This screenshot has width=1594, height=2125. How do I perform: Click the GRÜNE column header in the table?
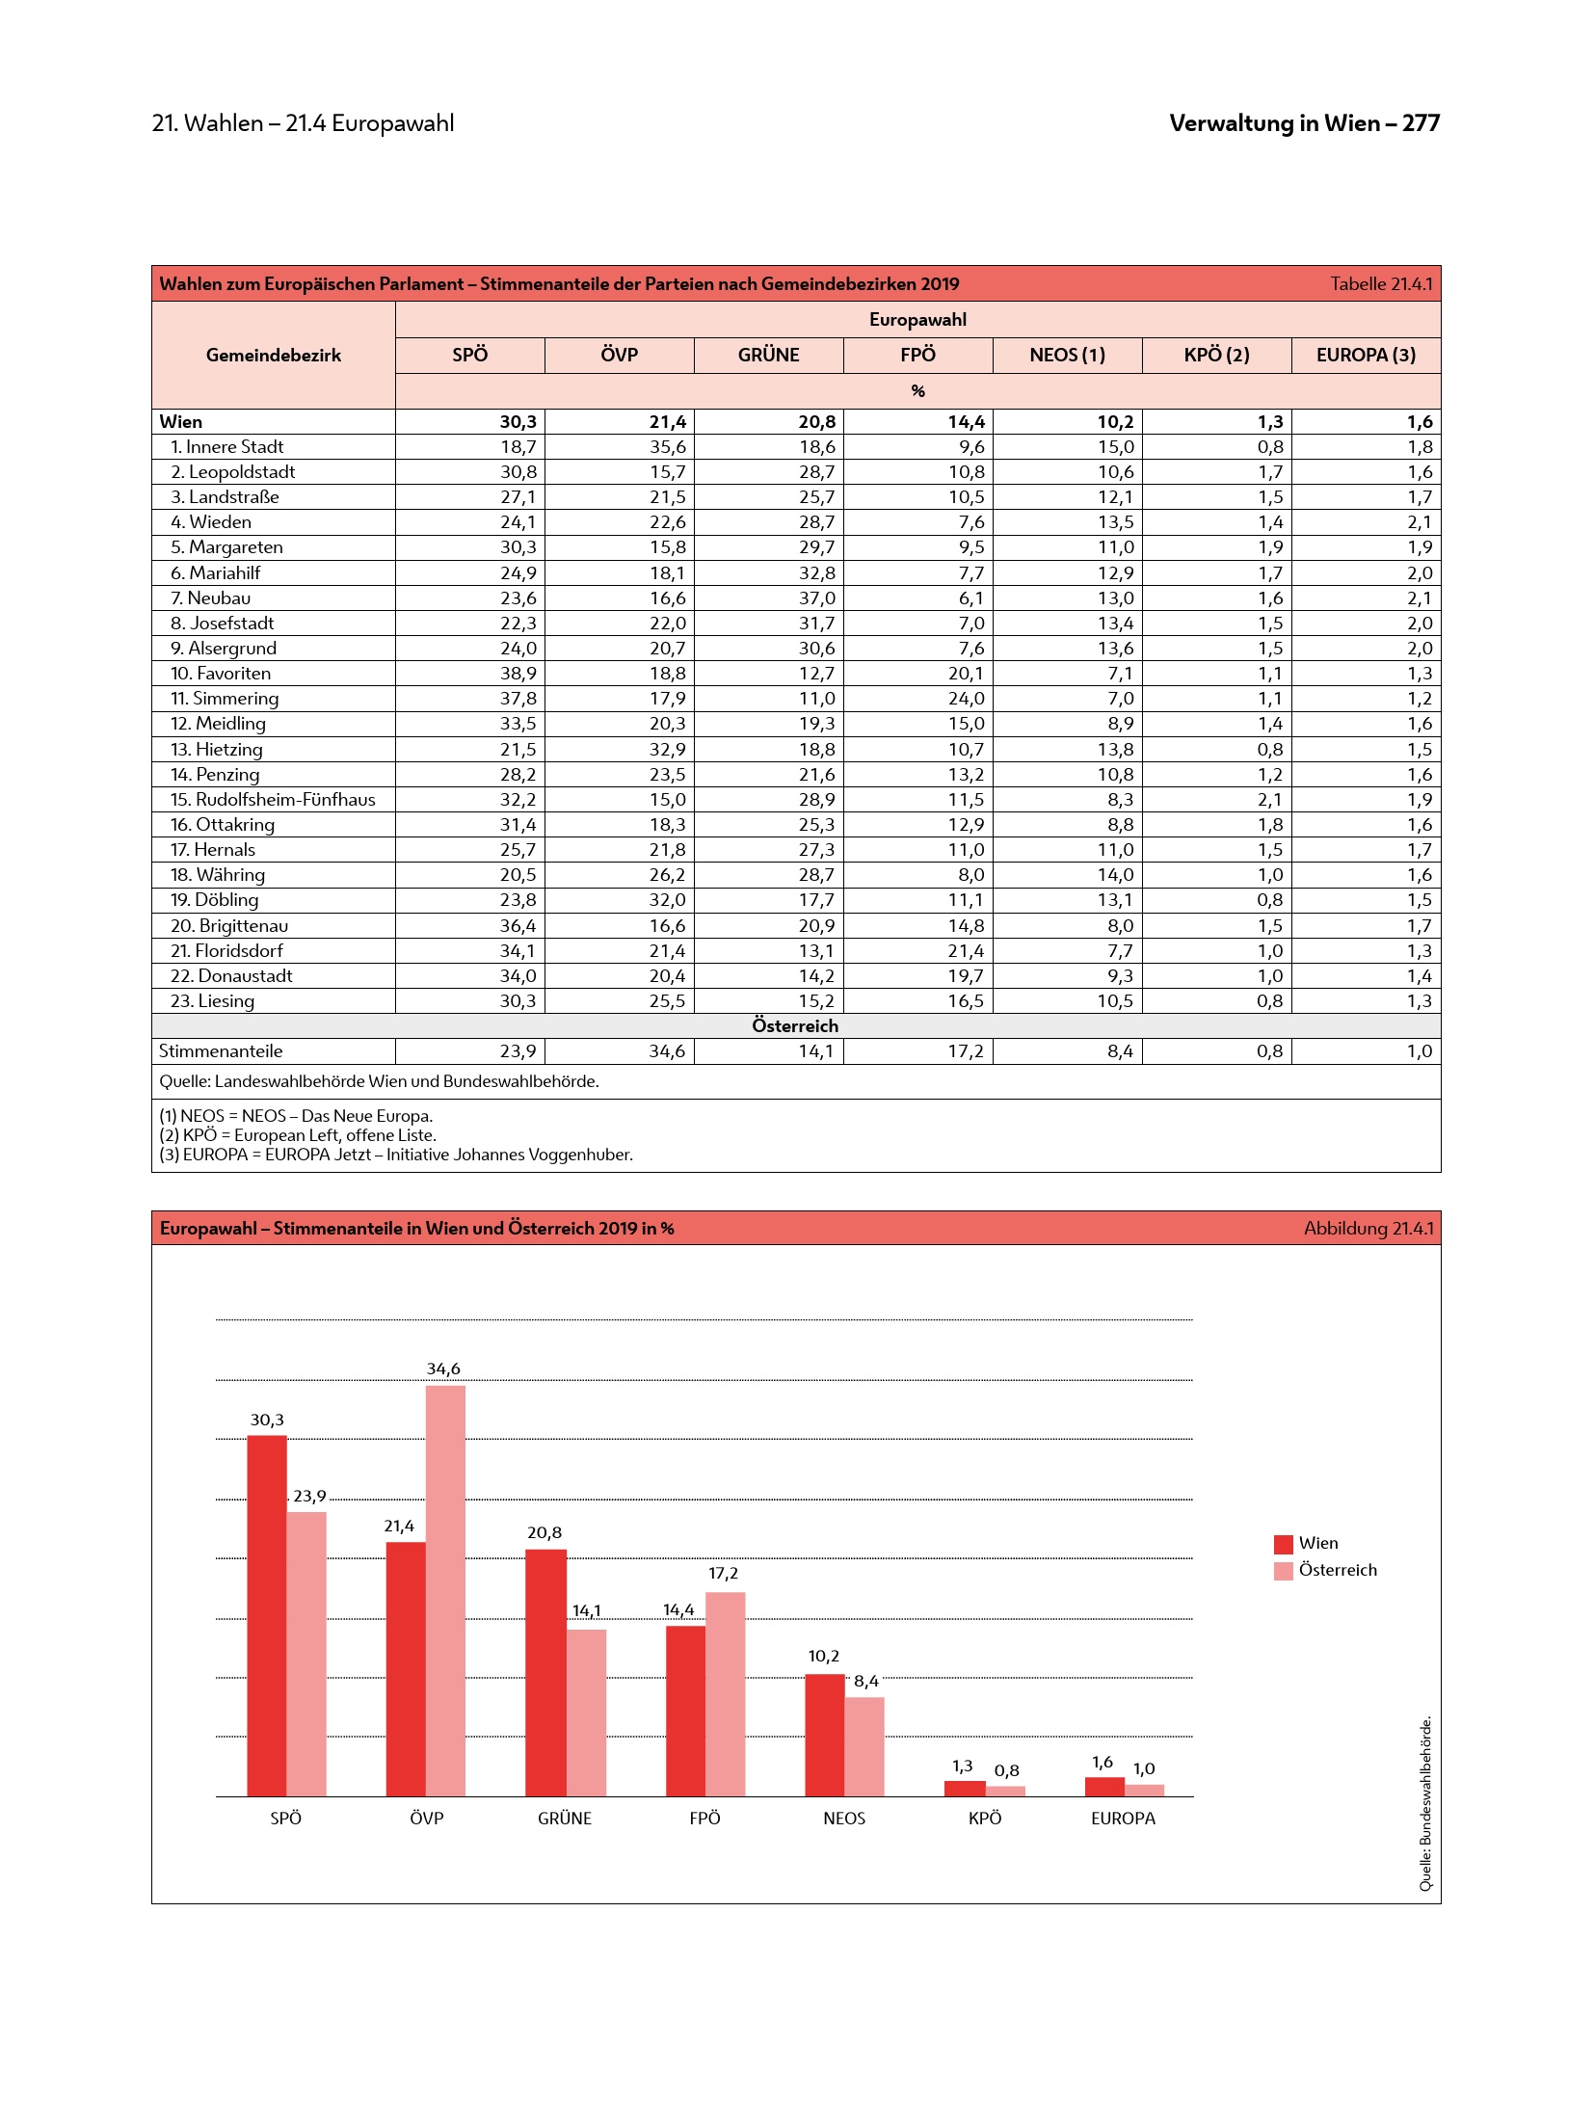[768, 355]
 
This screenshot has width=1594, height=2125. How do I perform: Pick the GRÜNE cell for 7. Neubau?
[816, 598]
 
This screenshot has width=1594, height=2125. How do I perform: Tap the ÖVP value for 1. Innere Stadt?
[667, 446]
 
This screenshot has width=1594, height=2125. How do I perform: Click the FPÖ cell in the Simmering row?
[966, 698]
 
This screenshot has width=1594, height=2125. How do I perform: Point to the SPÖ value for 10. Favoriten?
[518, 673]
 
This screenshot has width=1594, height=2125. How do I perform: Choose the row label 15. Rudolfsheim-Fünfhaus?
[273, 799]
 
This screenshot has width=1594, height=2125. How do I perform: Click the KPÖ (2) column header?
[1216, 355]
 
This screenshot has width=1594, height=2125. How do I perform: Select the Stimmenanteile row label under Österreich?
[221, 1050]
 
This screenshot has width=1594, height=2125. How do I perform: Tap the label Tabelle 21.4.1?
[1381, 283]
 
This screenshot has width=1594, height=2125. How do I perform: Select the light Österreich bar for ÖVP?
[445, 1590]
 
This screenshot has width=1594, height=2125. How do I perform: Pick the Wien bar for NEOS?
[824, 1735]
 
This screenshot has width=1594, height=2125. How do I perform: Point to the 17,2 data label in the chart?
[723, 1573]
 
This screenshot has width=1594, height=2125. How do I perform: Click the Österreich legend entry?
[1337, 1570]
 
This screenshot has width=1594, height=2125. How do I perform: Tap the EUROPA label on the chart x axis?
[1123, 1818]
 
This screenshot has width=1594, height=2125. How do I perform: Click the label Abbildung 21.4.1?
[1368, 1228]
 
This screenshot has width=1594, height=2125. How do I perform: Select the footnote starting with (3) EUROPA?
[396, 1155]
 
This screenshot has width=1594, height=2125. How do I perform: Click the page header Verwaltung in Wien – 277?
[1304, 123]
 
